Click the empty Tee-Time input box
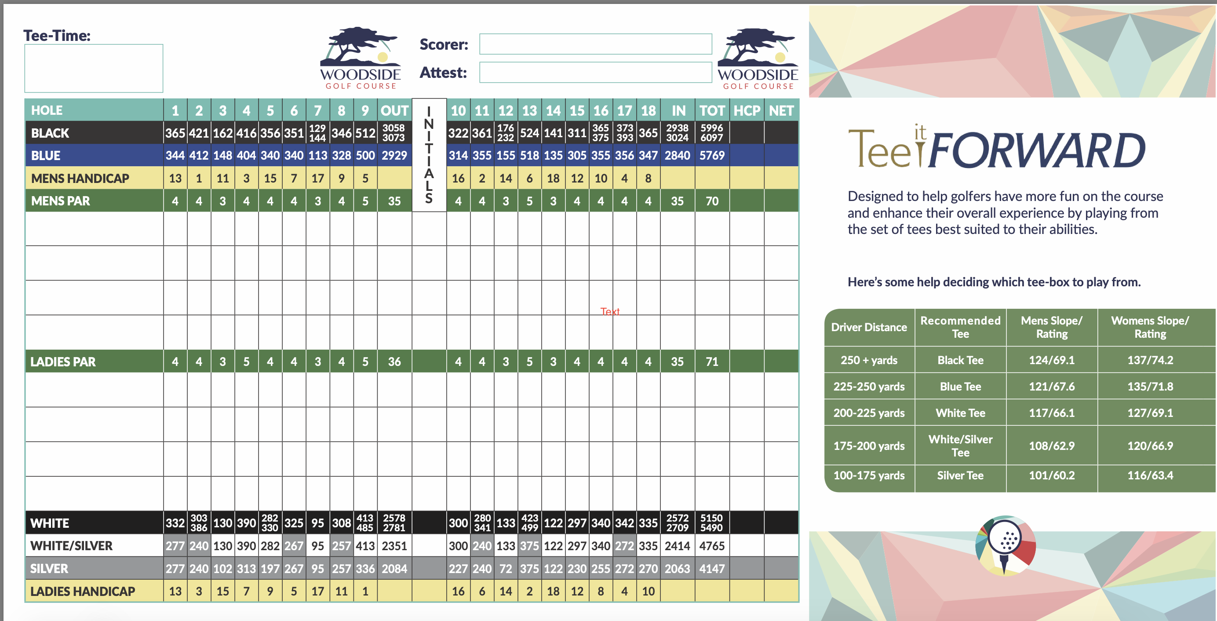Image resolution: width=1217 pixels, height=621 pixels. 94,68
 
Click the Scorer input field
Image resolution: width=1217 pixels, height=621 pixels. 595,44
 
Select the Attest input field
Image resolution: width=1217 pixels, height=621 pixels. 595,72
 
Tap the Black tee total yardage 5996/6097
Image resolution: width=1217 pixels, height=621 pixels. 711,133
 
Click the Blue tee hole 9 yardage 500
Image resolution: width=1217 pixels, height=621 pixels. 365,156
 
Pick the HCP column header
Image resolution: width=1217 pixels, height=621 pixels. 747,110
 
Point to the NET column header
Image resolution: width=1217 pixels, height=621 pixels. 781,110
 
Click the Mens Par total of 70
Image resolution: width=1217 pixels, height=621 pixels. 711,201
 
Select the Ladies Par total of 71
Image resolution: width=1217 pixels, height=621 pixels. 711,362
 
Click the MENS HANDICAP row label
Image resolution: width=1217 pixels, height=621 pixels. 80,179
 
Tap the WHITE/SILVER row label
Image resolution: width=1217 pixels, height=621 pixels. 71,546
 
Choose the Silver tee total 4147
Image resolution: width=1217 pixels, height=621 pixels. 711,569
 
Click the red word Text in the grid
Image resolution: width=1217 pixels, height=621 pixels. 609,311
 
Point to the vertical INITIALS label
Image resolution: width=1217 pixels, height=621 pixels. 429,155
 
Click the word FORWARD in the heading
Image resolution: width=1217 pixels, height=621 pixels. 1037,150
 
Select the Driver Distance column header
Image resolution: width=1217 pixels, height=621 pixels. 869,327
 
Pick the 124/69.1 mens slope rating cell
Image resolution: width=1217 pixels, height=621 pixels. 1052,360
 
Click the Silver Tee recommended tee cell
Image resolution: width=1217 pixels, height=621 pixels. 960,475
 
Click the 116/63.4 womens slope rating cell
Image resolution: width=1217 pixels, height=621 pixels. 1150,475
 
